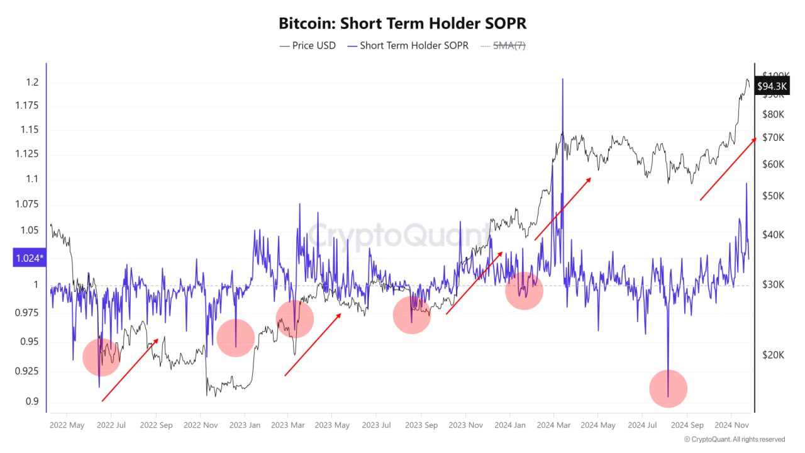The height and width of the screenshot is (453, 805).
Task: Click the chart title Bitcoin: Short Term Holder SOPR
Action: pyautogui.click(x=402, y=23)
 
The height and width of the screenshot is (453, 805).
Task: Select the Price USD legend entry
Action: pyautogui.click(x=308, y=45)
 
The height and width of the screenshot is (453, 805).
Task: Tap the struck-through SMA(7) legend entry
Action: pyautogui.click(x=502, y=45)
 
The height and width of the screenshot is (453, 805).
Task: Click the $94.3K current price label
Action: pyautogui.click(x=772, y=86)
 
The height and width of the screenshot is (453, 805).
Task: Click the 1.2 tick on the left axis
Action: pyautogui.click(x=32, y=82)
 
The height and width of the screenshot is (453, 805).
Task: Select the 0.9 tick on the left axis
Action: pyautogui.click(x=32, y=401)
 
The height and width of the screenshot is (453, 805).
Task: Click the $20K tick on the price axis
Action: pyautogui.click(x=773, y=355)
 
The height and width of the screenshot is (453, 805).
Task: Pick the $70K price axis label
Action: pyautogui.click(x=773, y=138)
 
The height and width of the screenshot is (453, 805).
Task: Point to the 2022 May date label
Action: pyautogui.click(x=67, y=425)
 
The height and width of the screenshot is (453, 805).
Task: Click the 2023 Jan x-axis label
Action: pyautogui.click(x=245, y=425)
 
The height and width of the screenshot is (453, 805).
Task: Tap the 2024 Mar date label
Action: pyautogui.click(x=553, y=425)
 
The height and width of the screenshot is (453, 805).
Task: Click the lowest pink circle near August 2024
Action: pyautogui.click(x=668, y=389)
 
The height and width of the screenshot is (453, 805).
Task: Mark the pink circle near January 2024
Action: pyautogui.click(x=524, y=291)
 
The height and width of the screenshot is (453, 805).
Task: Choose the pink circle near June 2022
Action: pyautogui.click(x=101, y=357)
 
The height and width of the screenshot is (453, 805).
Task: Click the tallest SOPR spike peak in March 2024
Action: pyautogui.click(x=562, y=80)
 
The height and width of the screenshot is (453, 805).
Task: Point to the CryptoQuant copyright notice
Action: pyautogui.click(x=734, y=439)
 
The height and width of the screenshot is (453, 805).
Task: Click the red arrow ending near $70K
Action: pyautogui.click(x=728, y=169)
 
